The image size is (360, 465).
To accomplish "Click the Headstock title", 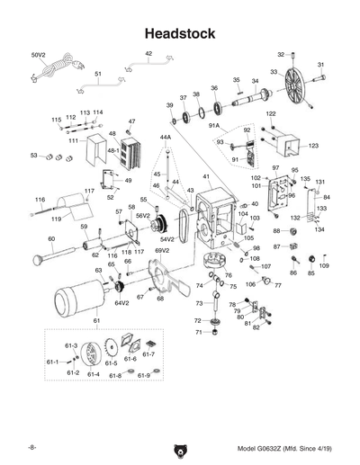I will click(x=180, y=33).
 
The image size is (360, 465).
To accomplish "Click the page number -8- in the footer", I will click(x=31, y=447).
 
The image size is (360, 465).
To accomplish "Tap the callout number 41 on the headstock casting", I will click(x=206, y=176).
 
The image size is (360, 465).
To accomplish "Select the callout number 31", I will click(x=321, y=65).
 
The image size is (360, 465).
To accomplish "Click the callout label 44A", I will click(x=165, y=138).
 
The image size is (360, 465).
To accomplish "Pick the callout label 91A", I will click(x=214, y=127).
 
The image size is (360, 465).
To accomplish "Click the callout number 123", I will click(x=313, y=145).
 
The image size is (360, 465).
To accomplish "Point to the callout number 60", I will click(x=51, y=238).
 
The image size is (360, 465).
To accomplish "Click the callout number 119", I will click(x=56, y=219).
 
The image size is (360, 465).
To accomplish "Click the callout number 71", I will click(x=200, y=333).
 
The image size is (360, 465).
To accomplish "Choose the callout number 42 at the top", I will click(x=148, y=55).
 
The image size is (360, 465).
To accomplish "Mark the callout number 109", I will click(x=324, y=266).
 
